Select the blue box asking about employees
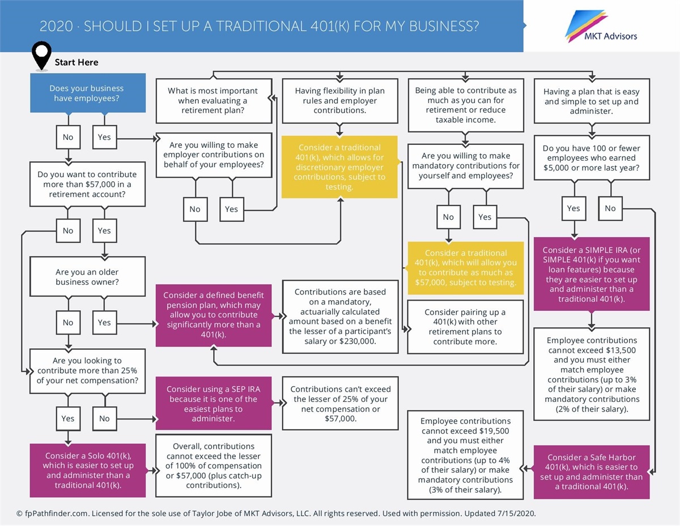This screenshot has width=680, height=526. pos(86,93)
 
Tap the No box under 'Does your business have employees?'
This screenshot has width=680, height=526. pos(68,137)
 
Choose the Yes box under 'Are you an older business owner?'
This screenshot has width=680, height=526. pos(104,322)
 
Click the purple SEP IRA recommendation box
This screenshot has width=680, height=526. pos(214,404)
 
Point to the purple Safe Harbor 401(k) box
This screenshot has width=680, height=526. pos(591,472)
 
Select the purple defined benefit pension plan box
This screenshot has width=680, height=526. pos(214,315)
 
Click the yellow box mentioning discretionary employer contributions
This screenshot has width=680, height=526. pos(339,167)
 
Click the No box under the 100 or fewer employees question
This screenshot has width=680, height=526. pos(610,208)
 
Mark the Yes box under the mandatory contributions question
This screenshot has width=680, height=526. pos(484,217)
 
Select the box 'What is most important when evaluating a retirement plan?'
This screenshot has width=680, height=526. pos(214,100)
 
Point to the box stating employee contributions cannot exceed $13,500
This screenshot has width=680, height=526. pos(591,374)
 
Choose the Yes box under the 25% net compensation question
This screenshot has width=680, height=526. pos(68,418)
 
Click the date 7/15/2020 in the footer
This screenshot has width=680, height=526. pos(515,514)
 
